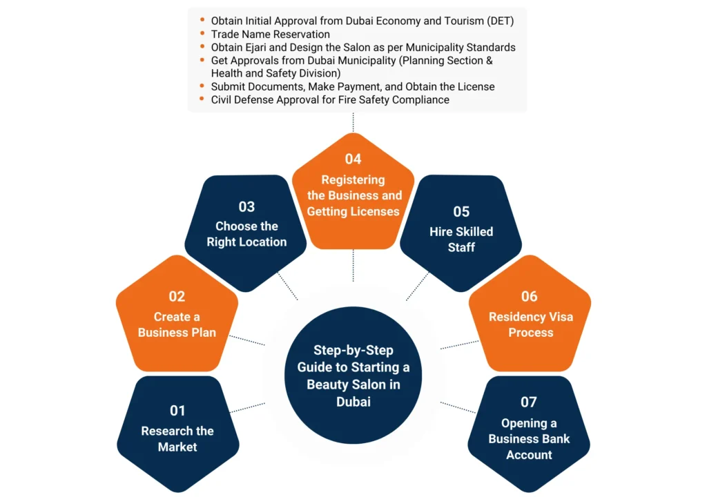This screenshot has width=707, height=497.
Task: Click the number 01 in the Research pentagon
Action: (x=177, y=411)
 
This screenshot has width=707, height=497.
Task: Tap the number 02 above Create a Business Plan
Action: (x=177, y=296)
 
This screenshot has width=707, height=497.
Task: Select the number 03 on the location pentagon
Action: (x=246, y=206)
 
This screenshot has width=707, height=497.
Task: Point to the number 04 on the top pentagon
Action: (x=353, y=159)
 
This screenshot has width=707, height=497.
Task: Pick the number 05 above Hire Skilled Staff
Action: (x=461, y=211)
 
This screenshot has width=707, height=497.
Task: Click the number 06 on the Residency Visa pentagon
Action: (x=530, y=296)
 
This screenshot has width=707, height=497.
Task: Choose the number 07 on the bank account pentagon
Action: (x=529, y=402)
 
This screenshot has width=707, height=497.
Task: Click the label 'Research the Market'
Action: (x=177, y=439)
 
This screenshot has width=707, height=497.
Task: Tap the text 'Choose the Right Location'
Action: (x=246, y=234)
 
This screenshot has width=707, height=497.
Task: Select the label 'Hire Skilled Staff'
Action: (x=461, y=239)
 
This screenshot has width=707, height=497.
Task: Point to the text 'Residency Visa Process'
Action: (x=530, y=324)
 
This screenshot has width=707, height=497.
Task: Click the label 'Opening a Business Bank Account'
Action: (x=529, y=439)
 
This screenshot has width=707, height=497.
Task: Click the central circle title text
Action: (x=353, y=376)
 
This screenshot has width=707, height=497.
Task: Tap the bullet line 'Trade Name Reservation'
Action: (x=270, y=34)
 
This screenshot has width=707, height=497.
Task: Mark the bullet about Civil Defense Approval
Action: (x=330, y=99)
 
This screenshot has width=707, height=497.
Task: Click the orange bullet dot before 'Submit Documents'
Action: (x=202, y=87)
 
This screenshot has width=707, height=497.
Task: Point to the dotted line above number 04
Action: (x=353, y=122)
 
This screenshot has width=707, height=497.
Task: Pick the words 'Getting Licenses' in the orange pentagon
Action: (x=353, y=211)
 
